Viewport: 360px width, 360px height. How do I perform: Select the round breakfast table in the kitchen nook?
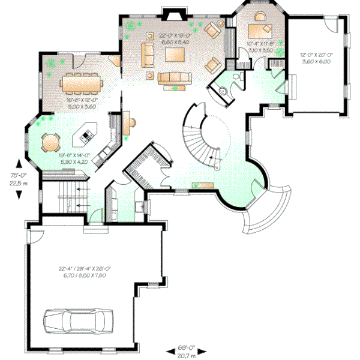50,143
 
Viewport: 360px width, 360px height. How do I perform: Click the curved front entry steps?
264,210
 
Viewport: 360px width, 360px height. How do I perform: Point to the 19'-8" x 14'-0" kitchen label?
73,158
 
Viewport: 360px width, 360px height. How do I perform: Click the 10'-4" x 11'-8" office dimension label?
260,47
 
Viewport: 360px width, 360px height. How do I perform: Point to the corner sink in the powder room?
223,92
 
